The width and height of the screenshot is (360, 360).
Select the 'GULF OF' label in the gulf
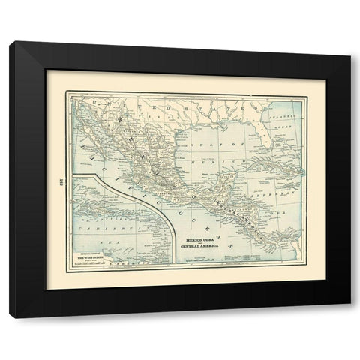pyautogui.click(x=219, y=140)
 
